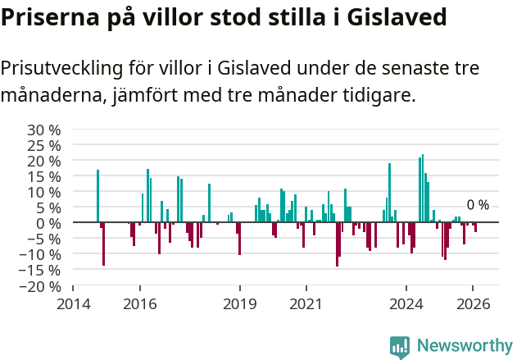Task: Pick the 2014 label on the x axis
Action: [73, 303]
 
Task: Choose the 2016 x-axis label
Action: [140, 303]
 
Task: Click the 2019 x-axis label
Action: [240, 303]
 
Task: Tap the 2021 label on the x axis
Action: [306, 303]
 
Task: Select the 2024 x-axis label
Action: [406, 303]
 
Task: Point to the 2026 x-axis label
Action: [473, 303]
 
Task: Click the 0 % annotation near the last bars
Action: [478, 205]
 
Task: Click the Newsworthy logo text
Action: [465, 345]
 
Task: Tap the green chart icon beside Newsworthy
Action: [400, 346]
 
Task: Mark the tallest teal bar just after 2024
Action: [423, 189]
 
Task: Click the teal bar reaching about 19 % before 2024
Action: [389, 193]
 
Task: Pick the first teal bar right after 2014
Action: [98, 196]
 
